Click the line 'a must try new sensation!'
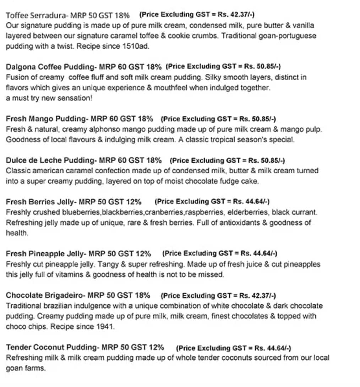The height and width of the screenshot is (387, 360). (x=49, y=98)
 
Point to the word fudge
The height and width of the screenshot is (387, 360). (x=236, y=181)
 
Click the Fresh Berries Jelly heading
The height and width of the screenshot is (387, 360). (x=40, y=202)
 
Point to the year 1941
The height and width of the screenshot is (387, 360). (x=105, y=326)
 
